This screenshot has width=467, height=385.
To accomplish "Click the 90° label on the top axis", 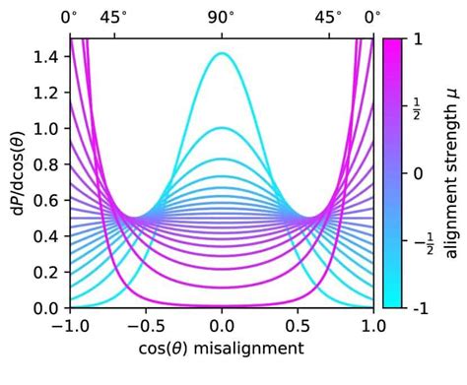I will tap(222, 17).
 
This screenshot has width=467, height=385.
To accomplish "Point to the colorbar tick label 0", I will tap(417, 173).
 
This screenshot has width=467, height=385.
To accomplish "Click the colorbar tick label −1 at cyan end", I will tap(419, 309).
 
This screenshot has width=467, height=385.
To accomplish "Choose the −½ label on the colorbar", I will tap(420, 241).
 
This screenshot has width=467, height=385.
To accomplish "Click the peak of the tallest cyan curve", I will tap(222, 53).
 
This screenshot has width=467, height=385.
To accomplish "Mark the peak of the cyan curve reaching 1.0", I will tap(222, 128).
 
